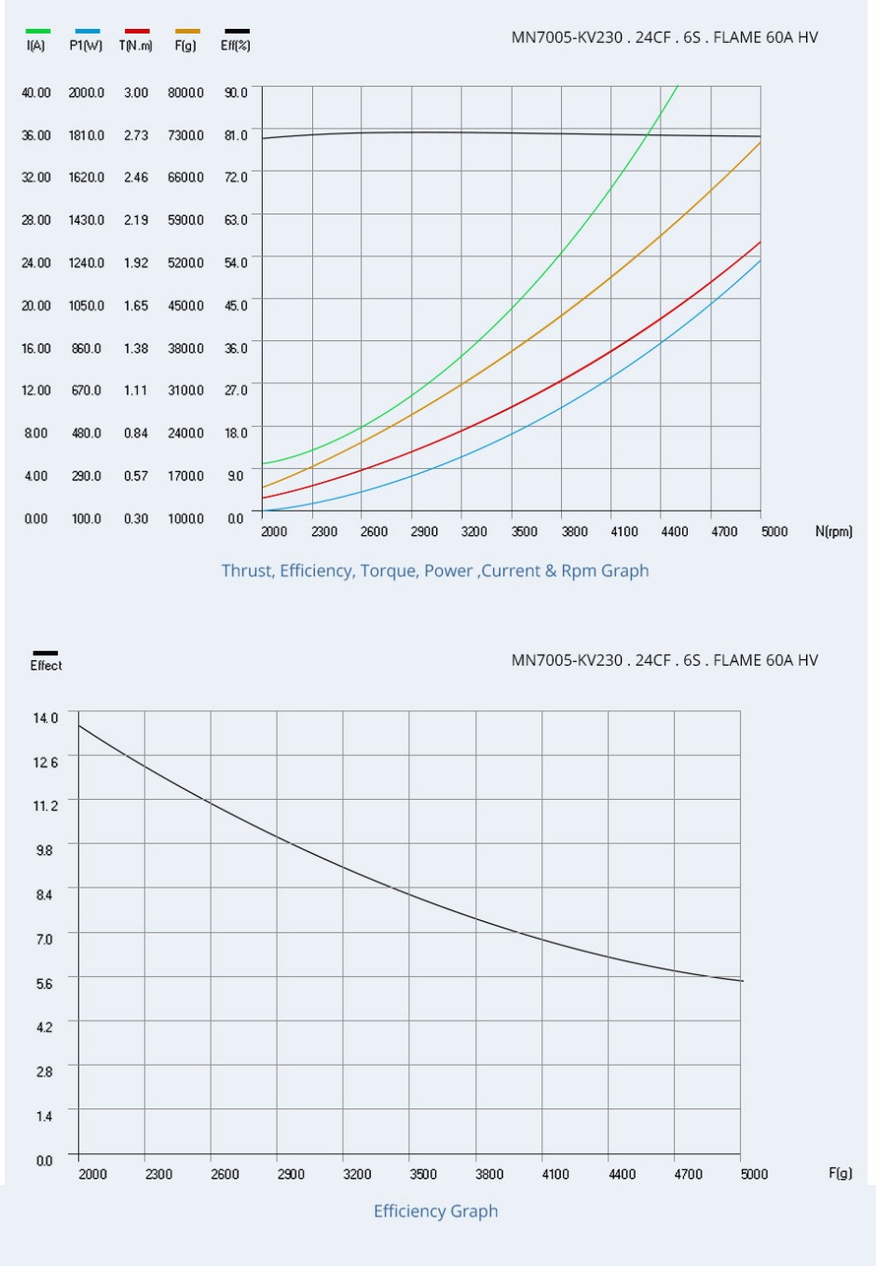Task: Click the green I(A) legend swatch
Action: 38,32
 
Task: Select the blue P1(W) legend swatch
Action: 88,32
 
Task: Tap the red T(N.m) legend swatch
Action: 137,32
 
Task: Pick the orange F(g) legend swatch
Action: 187,32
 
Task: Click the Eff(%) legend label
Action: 235,46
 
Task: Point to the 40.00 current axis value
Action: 36,93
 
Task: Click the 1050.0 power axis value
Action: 87,306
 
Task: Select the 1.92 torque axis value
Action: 136,263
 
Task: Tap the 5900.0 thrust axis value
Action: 185,220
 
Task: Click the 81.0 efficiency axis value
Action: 236,135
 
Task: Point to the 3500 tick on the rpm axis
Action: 524,531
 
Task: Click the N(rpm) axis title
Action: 833,531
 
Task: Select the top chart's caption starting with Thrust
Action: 435,571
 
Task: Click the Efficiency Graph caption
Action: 436,1211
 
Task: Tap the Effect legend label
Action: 46,666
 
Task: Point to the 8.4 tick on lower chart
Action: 45,895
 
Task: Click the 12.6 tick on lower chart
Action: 45,763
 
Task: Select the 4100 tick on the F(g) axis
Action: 555,1174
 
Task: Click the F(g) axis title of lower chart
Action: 840,1173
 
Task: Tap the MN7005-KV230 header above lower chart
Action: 664,660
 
